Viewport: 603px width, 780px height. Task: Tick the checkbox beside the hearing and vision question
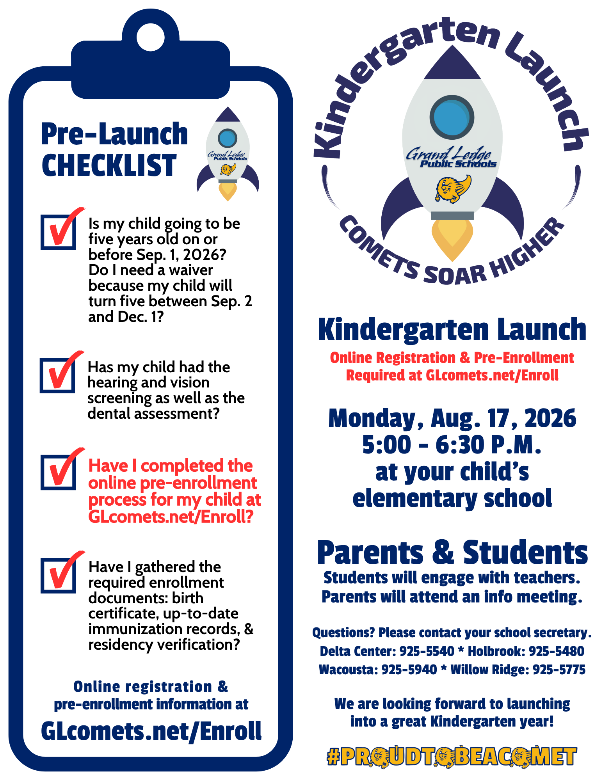click(x=58, y=375)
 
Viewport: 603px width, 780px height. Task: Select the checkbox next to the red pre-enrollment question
click(x=59, y=472)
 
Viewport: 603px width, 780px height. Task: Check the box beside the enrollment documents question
click(x=59, y=576)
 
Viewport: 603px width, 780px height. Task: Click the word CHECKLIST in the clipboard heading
click(x=109, y=165)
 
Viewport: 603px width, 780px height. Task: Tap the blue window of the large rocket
click(x=452, y=117)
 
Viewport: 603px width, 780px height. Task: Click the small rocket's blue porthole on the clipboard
click(x=228, y=138)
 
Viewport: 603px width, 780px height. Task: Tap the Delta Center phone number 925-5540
click(x=427, y=651)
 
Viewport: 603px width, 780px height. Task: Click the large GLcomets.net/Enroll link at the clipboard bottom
click(x=151, y=731)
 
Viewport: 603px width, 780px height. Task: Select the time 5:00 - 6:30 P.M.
click(x=452, y=445)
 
